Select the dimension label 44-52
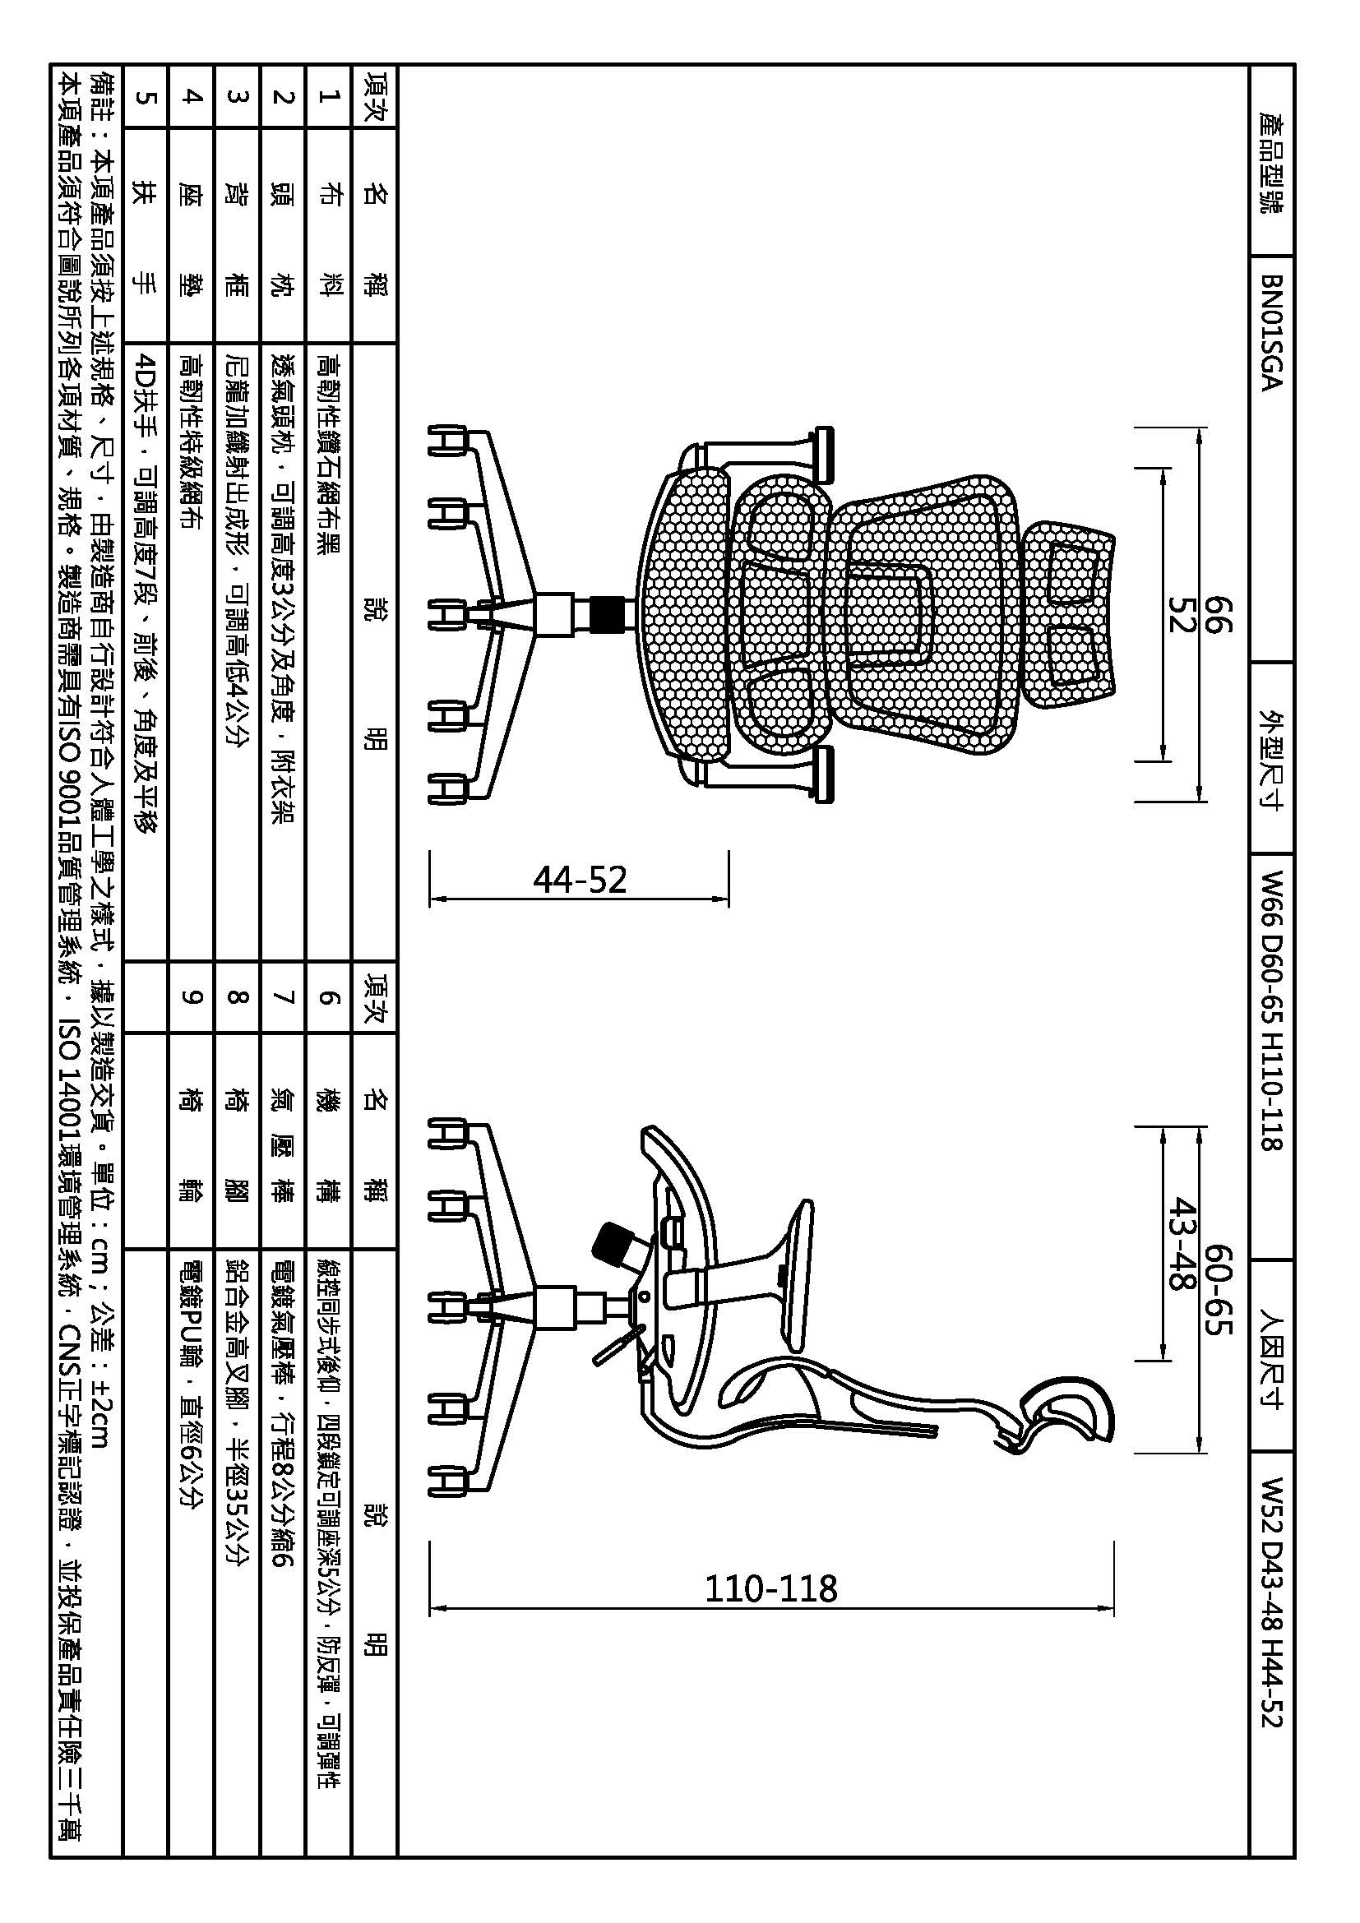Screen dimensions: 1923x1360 click(580, 880)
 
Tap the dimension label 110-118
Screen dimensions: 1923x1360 click(770, 1588)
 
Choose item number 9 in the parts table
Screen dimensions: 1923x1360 click(192, 996)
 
